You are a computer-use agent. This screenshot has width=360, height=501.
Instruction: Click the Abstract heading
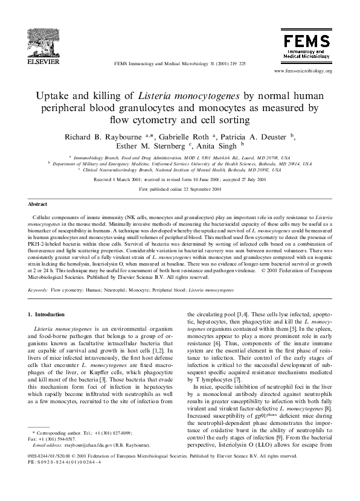[38, 205]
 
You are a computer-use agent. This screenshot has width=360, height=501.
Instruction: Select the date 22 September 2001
[197, 189]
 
